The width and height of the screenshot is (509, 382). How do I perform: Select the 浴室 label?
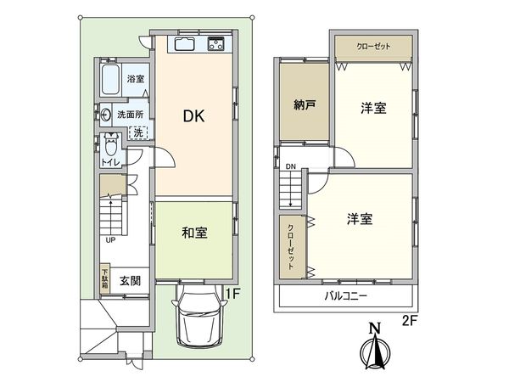(x=135, y=79)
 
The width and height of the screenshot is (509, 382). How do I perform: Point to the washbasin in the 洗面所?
(x=105, y=113)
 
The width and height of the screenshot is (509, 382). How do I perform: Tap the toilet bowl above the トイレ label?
(x=109, y=143)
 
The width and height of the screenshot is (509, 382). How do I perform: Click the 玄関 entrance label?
(x=129, y=281)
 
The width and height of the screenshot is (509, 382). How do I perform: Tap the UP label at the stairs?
(x=110, y=239)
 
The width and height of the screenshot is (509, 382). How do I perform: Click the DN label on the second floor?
(x=290, y=166)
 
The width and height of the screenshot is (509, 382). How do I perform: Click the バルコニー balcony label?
(x=344, y=297)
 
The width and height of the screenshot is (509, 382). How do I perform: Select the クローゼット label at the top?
(x=373, y=46)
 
